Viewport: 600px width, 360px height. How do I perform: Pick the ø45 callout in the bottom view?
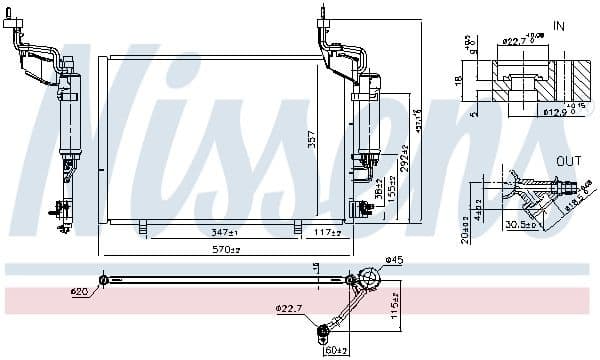coord(393,262)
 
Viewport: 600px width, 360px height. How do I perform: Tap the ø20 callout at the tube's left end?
coord(80,292)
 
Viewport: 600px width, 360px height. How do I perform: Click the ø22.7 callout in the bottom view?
coord(291,309)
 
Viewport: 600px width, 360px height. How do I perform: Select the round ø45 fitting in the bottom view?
coord(369,278)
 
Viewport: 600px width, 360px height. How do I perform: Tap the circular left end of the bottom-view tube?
coord(102,280)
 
